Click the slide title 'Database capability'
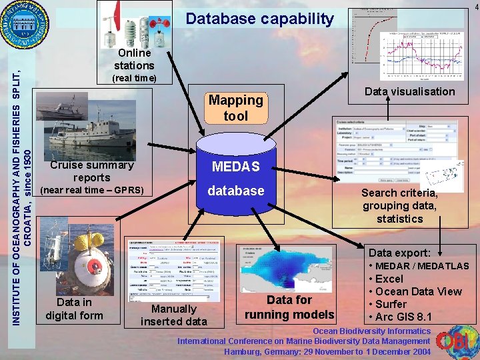[259, 19]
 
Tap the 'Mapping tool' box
[236, 108]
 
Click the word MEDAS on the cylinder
[235, 166]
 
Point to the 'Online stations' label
[134, 59]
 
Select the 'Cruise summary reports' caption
[92, 171]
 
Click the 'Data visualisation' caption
[409, 91]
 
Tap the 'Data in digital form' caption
[74, 309]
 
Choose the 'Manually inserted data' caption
[173, 315]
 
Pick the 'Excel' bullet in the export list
[389, 279]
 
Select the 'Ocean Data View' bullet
[419, 291]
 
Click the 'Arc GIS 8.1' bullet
[404, 316]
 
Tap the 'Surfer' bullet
[392, 304]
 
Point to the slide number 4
[475, 6]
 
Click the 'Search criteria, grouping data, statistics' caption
[399, 206]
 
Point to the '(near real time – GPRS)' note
[92, 191]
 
